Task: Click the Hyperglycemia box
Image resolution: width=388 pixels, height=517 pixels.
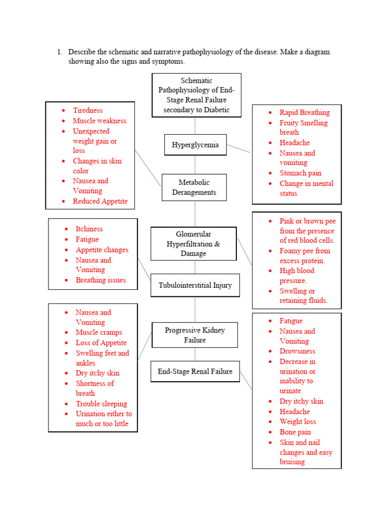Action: pos(195,145)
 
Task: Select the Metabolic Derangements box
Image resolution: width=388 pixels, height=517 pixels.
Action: pos(194,187)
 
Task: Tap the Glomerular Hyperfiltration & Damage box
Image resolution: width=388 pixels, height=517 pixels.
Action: pos(193,244)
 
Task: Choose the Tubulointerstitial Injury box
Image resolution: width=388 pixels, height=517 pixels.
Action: pos(195,285)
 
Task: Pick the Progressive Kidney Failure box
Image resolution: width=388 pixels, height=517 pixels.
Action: pos(195,335)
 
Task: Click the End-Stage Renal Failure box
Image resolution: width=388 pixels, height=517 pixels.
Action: pos(195,372)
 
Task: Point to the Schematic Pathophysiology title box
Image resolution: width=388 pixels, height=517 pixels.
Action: pos(197,95)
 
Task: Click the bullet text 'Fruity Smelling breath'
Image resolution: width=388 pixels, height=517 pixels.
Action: pos(303,127)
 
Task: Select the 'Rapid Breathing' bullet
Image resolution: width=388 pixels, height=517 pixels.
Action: pos(304,112)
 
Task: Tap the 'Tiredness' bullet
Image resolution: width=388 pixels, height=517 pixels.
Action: pos(87,110)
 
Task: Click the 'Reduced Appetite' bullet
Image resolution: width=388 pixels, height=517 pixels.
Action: pos(100,201)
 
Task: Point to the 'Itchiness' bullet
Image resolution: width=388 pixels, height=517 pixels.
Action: pos(89,229)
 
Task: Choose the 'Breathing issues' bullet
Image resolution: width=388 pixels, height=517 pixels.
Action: pos(101,280)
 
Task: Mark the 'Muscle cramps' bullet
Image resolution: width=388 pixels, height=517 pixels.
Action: pos(99,332)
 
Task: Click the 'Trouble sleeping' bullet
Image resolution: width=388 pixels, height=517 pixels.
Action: pos(101,403)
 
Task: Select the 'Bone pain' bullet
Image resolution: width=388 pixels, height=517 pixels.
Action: pos(295,432)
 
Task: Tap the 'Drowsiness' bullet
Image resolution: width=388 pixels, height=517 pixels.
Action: pos(297,351)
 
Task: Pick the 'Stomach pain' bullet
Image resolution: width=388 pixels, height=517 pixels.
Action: pos(300,173)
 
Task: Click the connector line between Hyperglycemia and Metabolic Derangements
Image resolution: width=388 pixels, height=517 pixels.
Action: pos(195,165)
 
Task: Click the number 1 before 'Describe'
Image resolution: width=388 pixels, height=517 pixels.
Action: pos(59,52)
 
